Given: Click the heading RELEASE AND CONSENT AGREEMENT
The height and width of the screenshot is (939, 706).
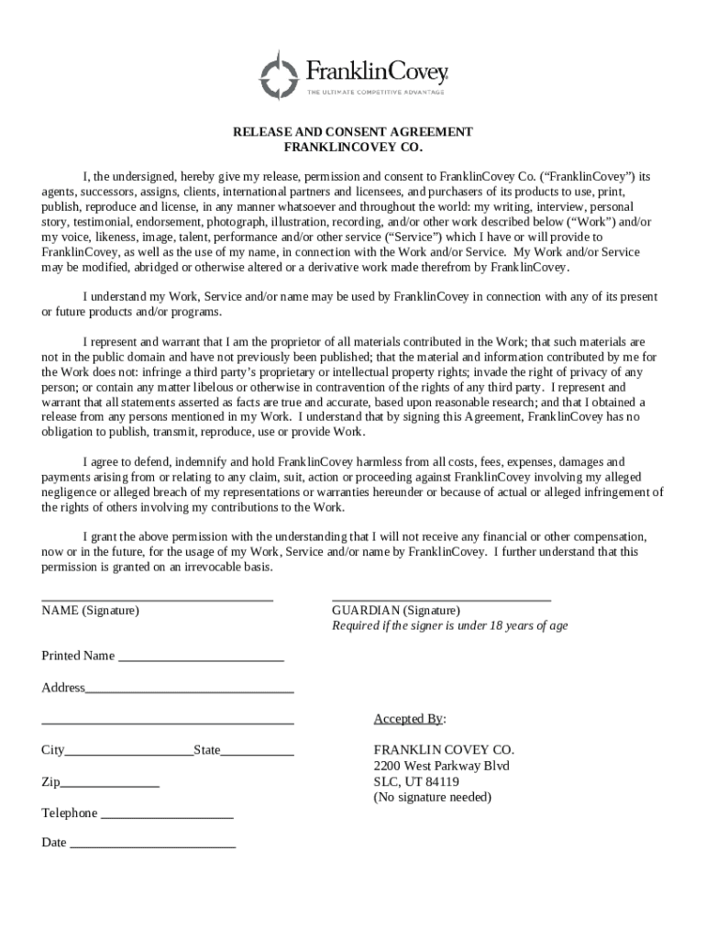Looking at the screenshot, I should (x=353, y=132).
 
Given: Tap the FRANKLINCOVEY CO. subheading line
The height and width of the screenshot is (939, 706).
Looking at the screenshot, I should (x=353, y=147).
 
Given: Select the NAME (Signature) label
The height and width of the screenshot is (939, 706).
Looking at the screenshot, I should (x=90, y=611).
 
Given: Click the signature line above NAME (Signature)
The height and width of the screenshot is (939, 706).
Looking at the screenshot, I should (x=157, y=600).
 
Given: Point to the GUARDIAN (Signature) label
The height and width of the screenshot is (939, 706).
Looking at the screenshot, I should (x=396, y=611).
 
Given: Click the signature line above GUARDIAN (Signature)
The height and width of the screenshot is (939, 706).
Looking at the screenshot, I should (x=441, y=600).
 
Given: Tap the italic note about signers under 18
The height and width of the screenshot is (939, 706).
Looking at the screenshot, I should (x=449, y=626).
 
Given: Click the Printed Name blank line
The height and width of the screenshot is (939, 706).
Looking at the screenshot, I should (x=201, y=660).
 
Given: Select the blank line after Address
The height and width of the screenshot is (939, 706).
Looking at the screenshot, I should (x=190, y=691).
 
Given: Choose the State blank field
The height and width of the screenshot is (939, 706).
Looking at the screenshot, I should (x=258, y=754).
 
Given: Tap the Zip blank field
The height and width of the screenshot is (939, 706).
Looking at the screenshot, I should (x=110, y=786).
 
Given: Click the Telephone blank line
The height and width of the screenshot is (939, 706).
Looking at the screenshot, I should (x=167, y=817).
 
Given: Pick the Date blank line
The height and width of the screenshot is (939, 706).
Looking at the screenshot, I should (x=153, y=846).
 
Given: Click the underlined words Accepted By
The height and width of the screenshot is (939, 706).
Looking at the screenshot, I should (x=409, y=719).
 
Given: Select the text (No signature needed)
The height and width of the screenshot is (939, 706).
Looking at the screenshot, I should (x=432, y=798).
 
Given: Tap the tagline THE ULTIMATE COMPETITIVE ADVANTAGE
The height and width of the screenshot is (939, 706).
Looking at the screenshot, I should (x=376, y=92).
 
